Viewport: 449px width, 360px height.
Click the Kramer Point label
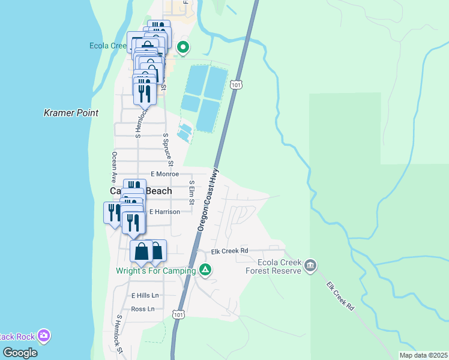pyautogui.click(x=71, y=113)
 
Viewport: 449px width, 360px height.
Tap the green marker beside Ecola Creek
pyautogui.click(x=184, y=46)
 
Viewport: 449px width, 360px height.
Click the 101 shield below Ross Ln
pyautogui.click(x=178, y=314)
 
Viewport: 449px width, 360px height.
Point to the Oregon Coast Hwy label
pyautogui.click(x=208, y=199)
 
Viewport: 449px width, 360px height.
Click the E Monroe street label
pyautogui.click(x=165, y=173)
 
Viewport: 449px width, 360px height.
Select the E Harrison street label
pyautogui.click(x=164, y=212)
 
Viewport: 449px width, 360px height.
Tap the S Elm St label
pyautogui.click(x=191, y=192)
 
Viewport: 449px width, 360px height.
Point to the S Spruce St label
pyautogui.click(x=169, y=149)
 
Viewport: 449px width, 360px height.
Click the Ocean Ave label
pyautogui.click(x=113, y=167)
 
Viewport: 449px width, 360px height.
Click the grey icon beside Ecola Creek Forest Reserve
pyautogui.click(x=310, y=265)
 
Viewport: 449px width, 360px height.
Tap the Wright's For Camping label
pyautogui.click(x=156, y=271)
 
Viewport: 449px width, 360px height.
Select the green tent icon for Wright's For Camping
pyautogui.click(x=205, y=270)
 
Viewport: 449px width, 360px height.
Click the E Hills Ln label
pyautogui.click(x=145, y=295)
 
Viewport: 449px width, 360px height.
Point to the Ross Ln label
pyautogui.click(x=142, y=309)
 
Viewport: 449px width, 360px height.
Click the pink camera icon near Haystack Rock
pyautogui.click(x=43, y=335)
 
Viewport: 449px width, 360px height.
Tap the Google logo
pyautogui.click(x=20, y=353)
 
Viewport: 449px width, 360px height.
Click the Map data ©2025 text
pyautogui.click(x=423, y=355)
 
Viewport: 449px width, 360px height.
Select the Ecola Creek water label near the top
pyautogui.click(x=108, y=46)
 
